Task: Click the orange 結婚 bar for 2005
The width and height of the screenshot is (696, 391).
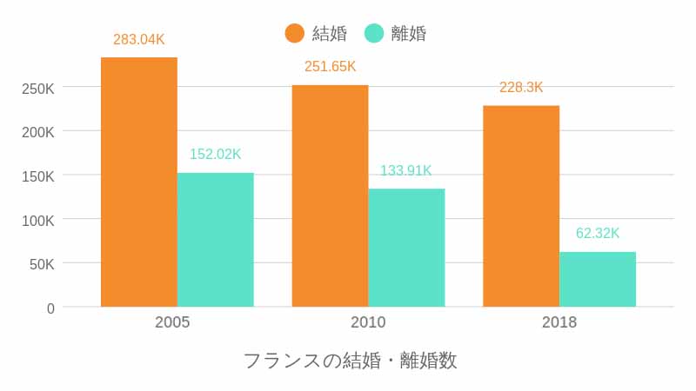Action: [139, 182]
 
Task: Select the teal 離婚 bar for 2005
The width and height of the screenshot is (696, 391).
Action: [216, 240]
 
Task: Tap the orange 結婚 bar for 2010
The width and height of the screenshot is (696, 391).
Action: [330, 195]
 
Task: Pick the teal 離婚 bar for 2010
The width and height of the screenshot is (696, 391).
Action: [406, 248]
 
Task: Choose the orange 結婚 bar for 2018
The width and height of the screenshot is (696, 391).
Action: [521, 206]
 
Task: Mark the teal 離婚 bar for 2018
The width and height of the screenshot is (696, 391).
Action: [598, 279]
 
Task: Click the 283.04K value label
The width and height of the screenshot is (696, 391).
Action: [139, 39]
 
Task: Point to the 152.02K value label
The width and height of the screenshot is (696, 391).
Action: [216, 155]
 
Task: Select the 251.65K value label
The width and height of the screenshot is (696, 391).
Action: [330, 67]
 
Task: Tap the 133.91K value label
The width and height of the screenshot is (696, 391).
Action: [406, 170]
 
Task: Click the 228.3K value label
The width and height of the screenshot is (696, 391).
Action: [521, 88]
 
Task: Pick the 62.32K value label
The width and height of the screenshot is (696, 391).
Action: [598, 234]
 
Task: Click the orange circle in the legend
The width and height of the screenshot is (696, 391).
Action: [295, 33]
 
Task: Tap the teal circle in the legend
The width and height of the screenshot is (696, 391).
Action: [374, 33]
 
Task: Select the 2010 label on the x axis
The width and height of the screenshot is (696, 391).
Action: [368, 322]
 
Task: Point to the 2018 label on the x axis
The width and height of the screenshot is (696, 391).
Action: [559, 322]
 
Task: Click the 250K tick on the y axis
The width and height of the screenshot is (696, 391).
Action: [38, 89]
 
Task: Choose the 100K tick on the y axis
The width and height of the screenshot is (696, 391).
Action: [38, 221]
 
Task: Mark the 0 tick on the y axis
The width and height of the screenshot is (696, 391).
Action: [50, 308]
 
